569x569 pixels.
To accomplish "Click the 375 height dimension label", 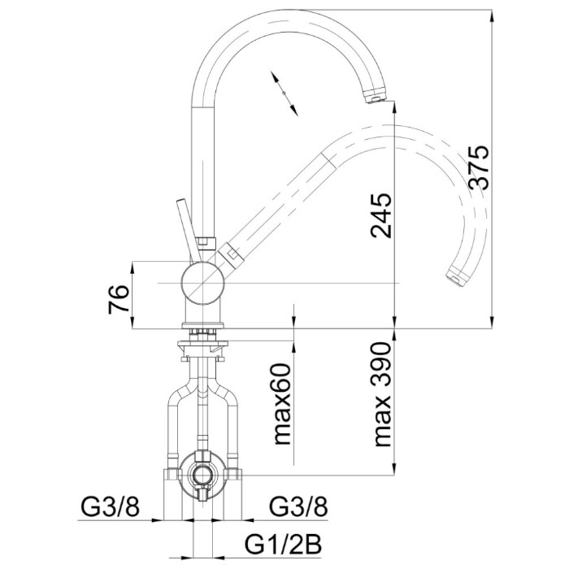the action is click(478, 167).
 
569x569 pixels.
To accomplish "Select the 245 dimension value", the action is click(381, 215).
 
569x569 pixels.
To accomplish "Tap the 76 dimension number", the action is click(119, 298).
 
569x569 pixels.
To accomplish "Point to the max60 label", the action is click(282, 404).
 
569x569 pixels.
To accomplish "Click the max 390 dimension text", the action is click(382, 394).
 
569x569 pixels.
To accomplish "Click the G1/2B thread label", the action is click(284, 544).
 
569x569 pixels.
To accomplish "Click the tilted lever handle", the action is click(189, 230).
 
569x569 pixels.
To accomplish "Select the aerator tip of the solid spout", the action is click(375, 94).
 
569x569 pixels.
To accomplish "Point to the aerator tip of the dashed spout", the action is click(457, 276).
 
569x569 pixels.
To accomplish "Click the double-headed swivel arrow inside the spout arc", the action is click(284, 93).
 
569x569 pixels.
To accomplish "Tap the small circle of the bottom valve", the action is click(202, 473).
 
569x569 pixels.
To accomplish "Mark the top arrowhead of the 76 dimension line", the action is click(132, 267).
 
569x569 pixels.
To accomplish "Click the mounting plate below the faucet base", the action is click(202, 343).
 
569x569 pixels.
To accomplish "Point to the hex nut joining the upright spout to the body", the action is click(206, 242).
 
